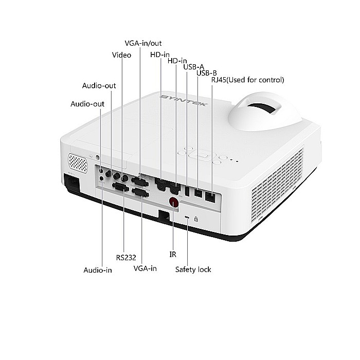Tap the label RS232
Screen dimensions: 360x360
point(126,257)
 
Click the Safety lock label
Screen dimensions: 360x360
point(193,269)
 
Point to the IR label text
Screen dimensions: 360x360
point(173,254)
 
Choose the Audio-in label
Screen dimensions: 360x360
point(98,270)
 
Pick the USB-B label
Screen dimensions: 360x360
point(206,73)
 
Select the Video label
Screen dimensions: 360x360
point(121,55)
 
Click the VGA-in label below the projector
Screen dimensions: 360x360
point(145,268)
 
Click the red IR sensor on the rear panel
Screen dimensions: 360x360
point(174,203)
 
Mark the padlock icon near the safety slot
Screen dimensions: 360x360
point(196,218)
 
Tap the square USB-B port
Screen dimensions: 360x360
point(197,193)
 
